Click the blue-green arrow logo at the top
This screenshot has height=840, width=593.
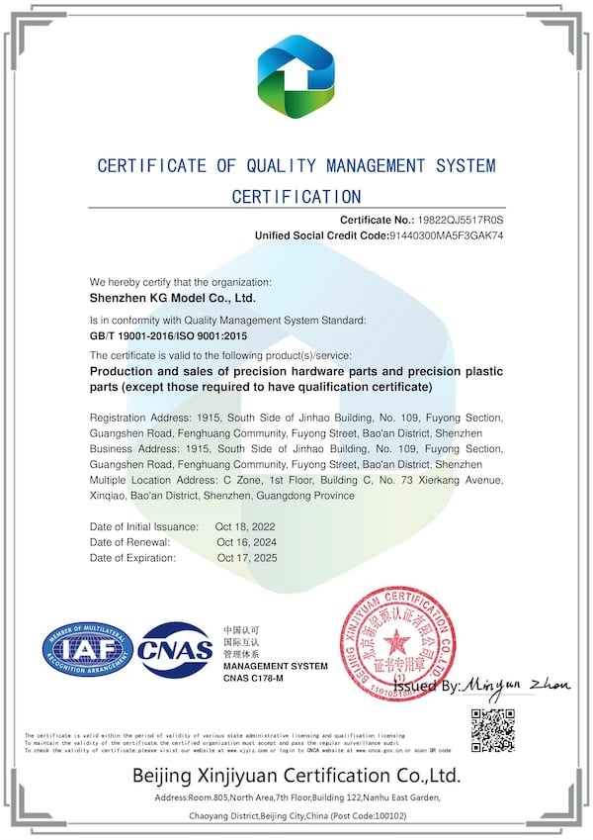coord(296,76)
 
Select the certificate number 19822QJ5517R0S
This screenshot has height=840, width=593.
coord(463,219)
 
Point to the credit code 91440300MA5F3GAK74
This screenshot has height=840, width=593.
coord(451,236)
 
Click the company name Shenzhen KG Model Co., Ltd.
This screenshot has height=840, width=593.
coord(173,297)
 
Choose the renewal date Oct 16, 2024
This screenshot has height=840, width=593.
coord(247,542)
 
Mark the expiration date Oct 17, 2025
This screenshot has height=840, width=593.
coord(247,558)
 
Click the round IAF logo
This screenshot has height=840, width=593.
coord(87,650)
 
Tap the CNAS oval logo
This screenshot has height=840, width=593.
coord(175,650)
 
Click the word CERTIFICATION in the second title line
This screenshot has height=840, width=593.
coord(296,197)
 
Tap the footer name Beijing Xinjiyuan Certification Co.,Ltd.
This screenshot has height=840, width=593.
coord(296,775)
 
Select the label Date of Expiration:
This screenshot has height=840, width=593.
coord(132,558)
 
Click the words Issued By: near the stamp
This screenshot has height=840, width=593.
coord(426,686)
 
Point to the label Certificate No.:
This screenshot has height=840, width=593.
coord(376,219)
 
